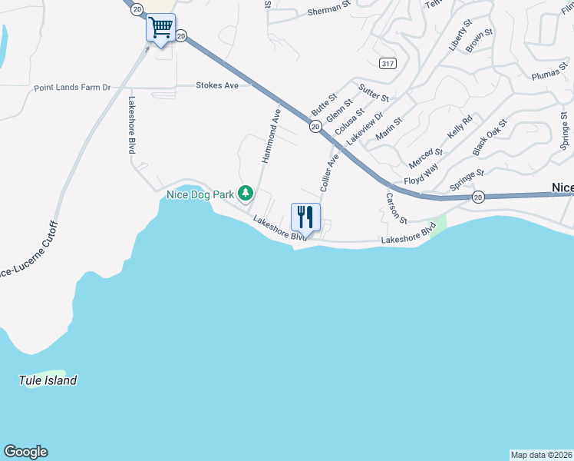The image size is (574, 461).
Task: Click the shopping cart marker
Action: (x=161, y=28)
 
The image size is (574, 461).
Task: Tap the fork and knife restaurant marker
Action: (x=305, y=216)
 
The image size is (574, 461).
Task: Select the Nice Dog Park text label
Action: (x=200, y=194)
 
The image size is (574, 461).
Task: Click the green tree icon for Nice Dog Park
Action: (x=246, y=193)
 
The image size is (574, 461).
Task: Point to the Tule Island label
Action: (x=48, y=380)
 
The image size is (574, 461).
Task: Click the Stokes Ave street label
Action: (x=217, y=85)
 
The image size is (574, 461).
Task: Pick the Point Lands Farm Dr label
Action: (x=72, y=88)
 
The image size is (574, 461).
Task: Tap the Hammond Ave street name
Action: (x=271, y=134)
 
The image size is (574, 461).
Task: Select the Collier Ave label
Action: (x=329, y=173)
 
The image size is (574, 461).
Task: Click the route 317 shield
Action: (x=388, y=62)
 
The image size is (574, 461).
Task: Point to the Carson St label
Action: (x=395, y=208)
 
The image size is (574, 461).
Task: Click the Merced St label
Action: (x=427, y=158)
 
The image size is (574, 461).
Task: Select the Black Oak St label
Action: (x=490, y=134)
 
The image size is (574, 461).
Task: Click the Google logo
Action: (x=25, y=452)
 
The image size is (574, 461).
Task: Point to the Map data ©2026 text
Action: (x=541, y=454)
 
